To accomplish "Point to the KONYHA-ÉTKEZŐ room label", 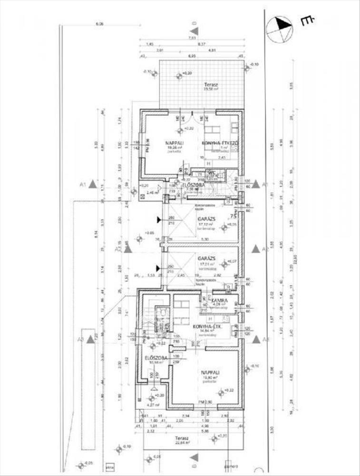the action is coord(220,143).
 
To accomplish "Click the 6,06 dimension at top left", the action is coord(99,23).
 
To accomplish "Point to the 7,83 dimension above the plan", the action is coord(192,38).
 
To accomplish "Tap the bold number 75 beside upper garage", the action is coord(234,216).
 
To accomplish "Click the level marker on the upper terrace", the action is coord(179,75).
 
